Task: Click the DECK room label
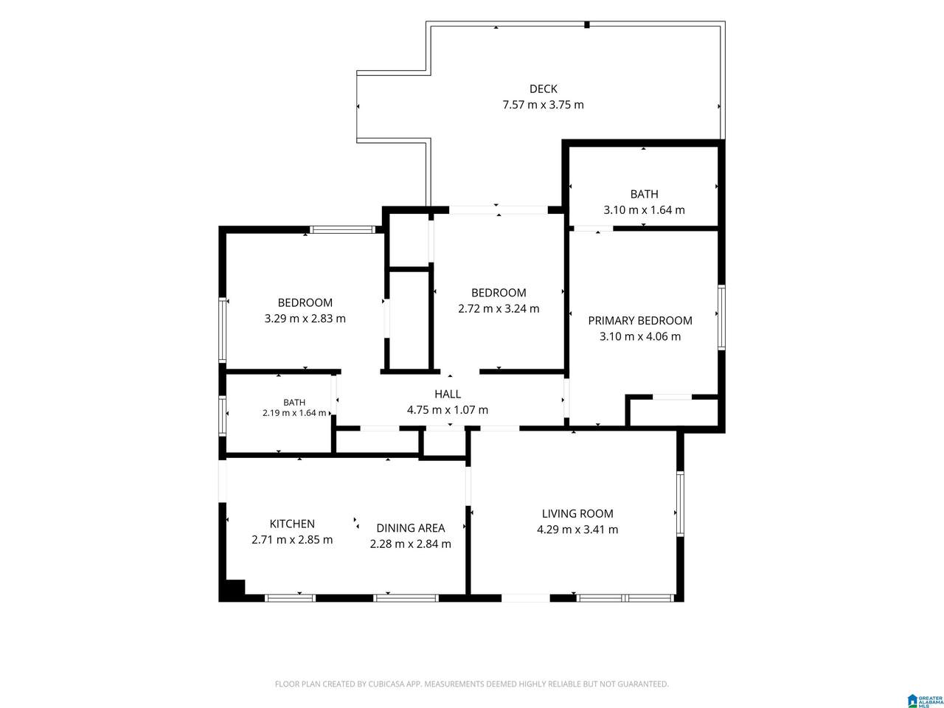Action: click(544, 89)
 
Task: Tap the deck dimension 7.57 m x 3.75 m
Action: click(544, 105)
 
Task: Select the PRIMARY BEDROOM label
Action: click(640, 321)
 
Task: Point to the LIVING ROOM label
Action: click(577, 514)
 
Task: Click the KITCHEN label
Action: click(292, 524)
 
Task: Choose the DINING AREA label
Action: click(410, 528)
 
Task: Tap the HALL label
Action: click(447, 394)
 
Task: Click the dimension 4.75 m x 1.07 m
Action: click(447, 410)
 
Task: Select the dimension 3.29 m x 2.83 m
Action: click(305, 319)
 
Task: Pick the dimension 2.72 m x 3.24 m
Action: click(499, 309)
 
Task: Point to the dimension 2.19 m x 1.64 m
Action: click(294, 413)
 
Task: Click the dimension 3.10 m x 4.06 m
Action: click(640, 336)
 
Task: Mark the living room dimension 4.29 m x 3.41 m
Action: click(577, 530)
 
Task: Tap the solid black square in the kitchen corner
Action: click(235, 587)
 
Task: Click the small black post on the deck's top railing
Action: click(586, 24)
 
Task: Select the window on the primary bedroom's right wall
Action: click(722, 317)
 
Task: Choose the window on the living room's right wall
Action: click(680, 504)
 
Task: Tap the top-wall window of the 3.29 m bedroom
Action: click(342, 229)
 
